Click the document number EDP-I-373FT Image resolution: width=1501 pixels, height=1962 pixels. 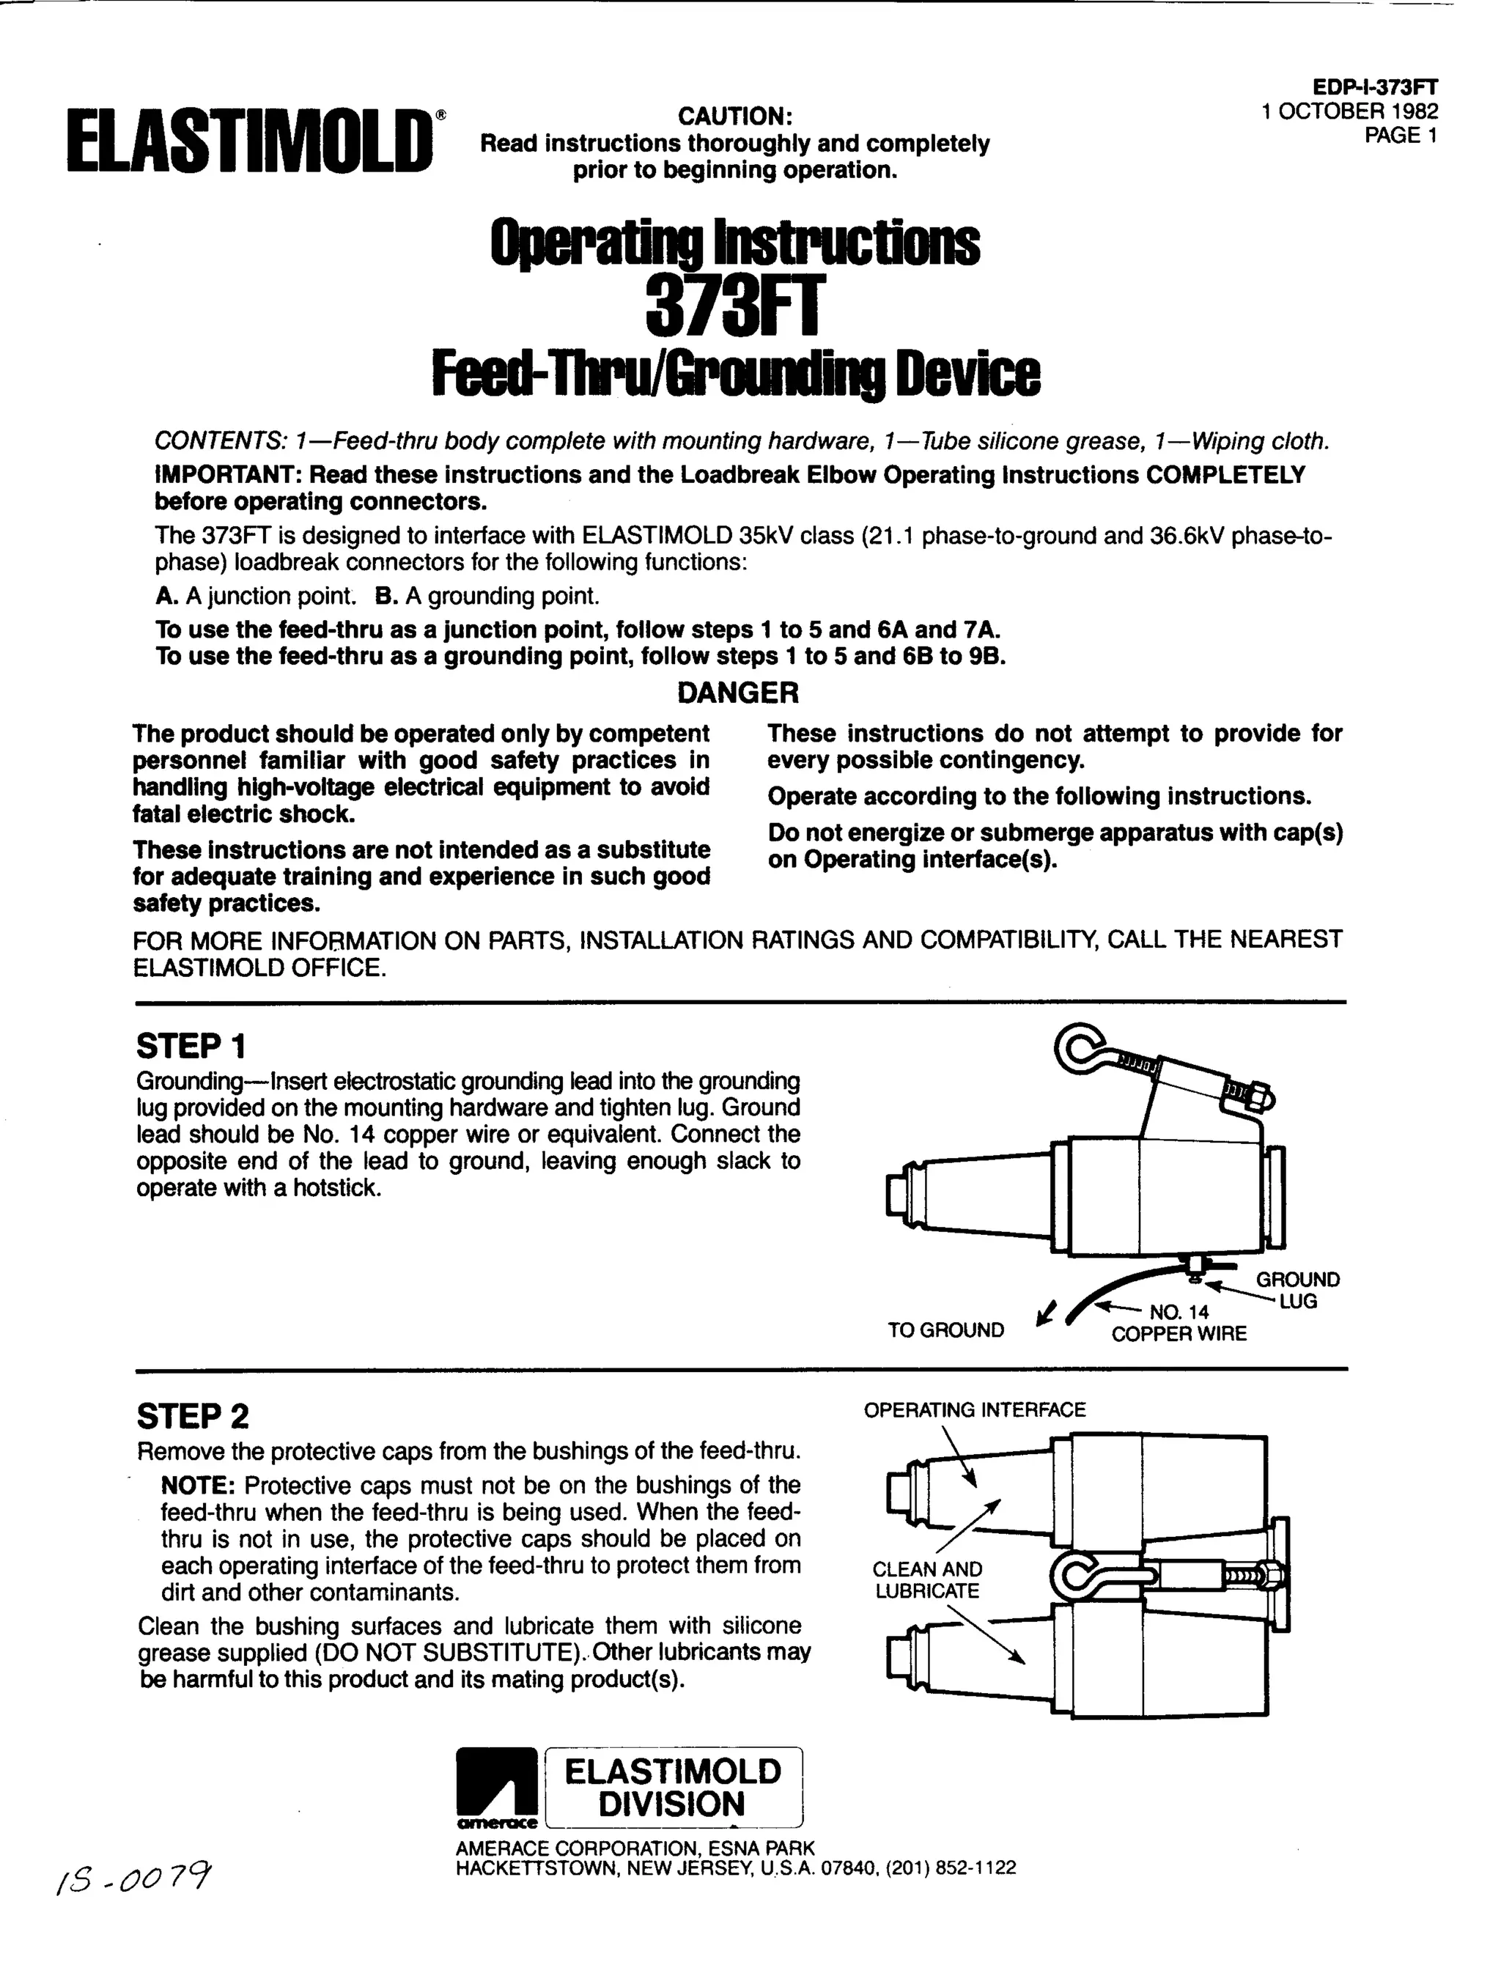coord(1375,86)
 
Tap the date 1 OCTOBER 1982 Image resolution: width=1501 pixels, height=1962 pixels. coord(1349,111)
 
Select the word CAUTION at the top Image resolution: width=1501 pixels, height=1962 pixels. coord(735,116)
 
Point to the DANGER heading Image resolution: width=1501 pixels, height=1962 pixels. coord(738,693)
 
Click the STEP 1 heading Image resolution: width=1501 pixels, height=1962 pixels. coord(191,1045)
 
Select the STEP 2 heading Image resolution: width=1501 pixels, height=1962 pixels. coord(193,1416)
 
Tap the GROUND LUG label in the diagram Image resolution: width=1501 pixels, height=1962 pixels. coord(1297,1290)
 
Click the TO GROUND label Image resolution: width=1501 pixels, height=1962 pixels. coord(945,1330)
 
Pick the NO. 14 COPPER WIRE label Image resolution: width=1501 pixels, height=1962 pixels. coord(1179,1323)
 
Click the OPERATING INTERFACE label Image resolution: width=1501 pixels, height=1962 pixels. coord(974,1410)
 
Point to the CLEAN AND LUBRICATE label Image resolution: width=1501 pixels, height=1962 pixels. coord(927,1579)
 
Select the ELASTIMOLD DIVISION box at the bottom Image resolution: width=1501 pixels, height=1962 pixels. coord(673,1788)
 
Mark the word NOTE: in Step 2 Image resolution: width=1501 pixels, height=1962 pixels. coord(197,1485)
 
